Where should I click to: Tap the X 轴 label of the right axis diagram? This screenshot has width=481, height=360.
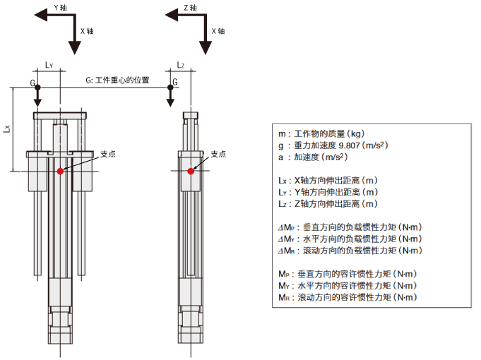(x=218, y=31)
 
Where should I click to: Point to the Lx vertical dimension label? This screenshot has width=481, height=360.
(x=6, y=129)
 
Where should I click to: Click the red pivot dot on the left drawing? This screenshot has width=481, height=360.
(x=61, y=171)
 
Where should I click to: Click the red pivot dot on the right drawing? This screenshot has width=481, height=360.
(x=191, y=171)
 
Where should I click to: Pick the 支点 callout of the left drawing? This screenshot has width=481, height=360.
(x=107, y=153)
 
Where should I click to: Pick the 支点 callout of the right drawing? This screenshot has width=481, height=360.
(x=218, y=153)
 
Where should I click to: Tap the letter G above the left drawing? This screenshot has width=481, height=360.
(x=32, y=83)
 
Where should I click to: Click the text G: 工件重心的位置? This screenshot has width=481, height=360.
(x=117, y=80)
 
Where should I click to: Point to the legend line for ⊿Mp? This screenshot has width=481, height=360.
(x=350, y=227)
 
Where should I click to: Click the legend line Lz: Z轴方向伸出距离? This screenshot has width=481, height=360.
(x=328, y=203)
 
